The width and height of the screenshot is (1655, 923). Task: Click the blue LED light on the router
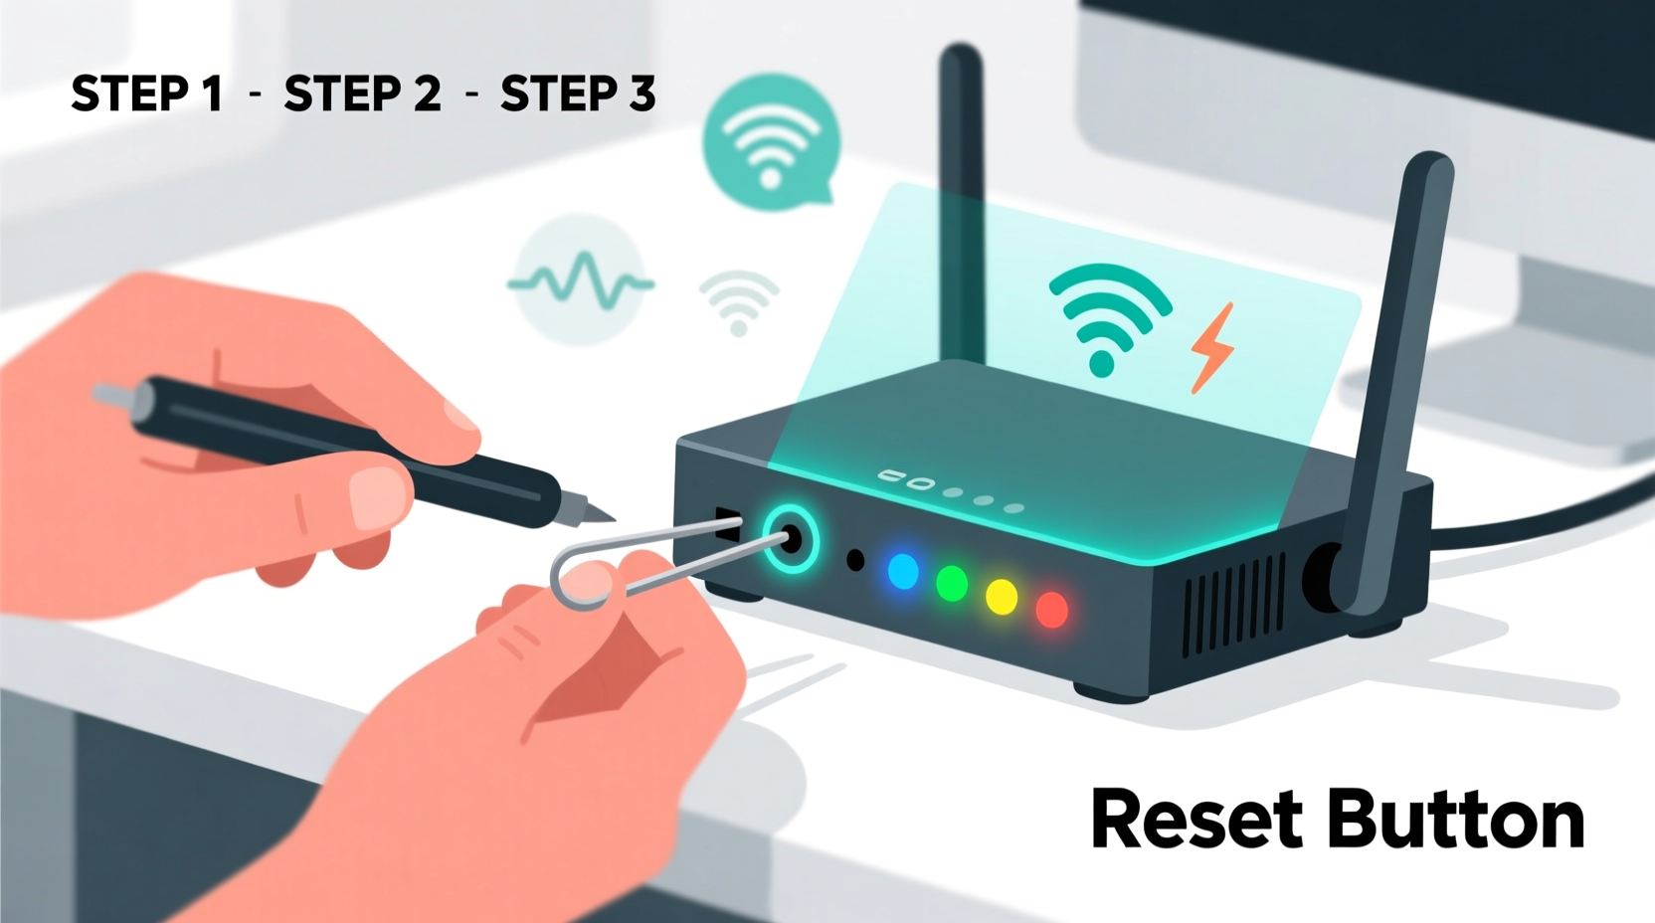[903, 572]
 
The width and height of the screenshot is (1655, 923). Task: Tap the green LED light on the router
[952, 584]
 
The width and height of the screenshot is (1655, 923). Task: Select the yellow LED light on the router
[1002, 597]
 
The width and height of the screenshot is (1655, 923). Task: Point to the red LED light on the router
[1051, 609]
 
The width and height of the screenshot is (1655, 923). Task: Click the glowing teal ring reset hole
[791, 541]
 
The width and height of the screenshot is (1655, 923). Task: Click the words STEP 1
[146, 94]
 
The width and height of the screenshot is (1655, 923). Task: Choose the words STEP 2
[362, 94]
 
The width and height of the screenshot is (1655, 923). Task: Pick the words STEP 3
[578, 94]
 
